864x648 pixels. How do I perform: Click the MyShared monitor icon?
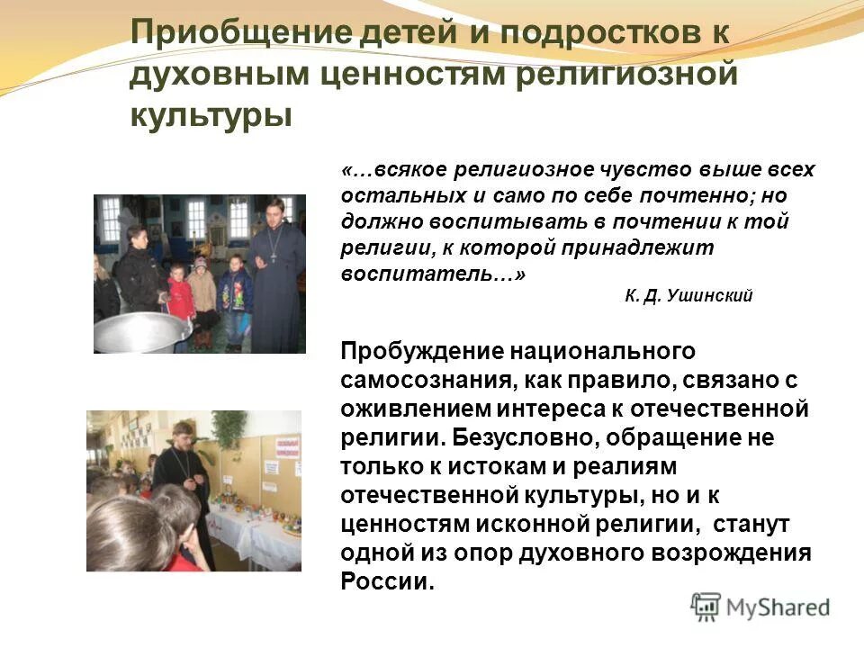coord(706,607)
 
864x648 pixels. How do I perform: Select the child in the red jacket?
coord(180,297)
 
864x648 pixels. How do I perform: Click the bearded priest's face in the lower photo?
coord(184,436)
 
